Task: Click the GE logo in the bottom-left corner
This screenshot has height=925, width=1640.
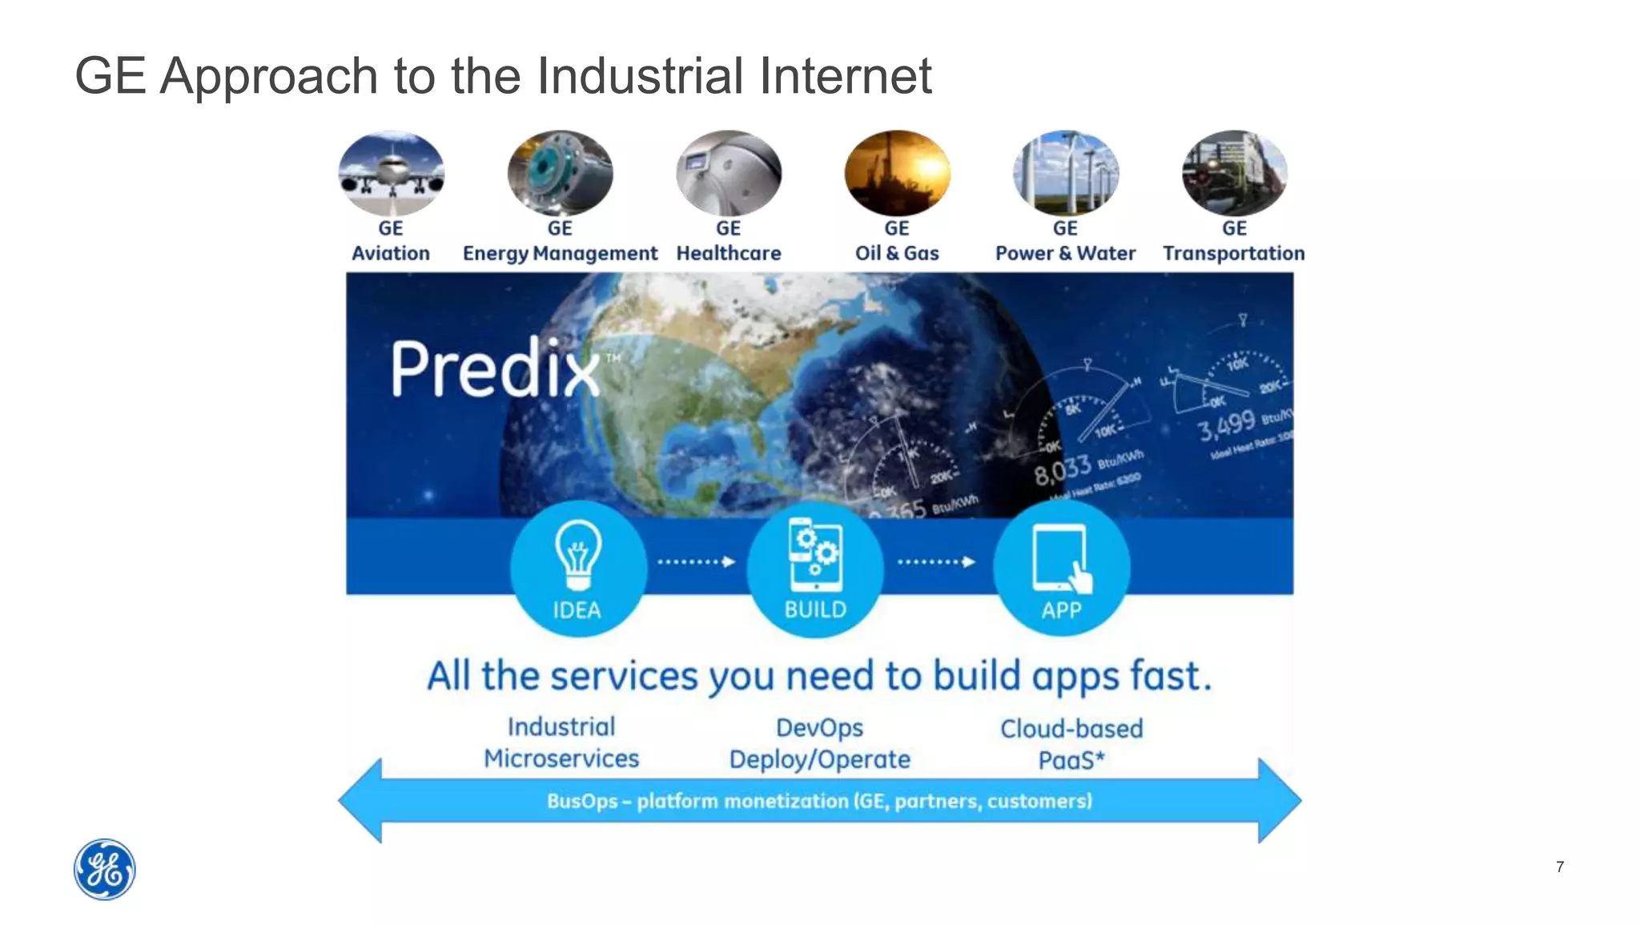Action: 105,869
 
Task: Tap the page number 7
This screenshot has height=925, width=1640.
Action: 1559,867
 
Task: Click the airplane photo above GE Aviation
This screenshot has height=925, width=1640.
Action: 391,173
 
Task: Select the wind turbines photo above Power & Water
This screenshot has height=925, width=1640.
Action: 1065,173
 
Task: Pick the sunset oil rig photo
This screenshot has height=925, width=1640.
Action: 897,173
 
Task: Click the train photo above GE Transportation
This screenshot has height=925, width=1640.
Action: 1234,173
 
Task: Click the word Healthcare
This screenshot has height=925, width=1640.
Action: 729,253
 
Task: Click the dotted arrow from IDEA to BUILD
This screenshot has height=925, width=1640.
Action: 696,561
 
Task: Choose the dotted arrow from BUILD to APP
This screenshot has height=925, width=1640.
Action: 936,561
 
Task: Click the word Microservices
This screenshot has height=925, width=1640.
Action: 561,758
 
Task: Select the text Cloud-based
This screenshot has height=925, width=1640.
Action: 1071,729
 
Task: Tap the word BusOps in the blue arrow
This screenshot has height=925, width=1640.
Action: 582,801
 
